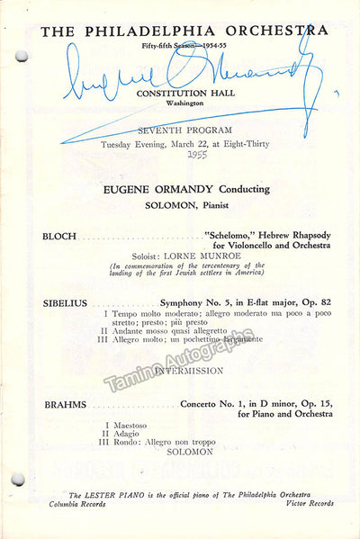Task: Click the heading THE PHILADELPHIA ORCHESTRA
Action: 184,30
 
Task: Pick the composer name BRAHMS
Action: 64,405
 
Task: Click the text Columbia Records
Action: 76,505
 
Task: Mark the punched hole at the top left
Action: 21,57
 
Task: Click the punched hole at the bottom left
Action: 19,480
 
